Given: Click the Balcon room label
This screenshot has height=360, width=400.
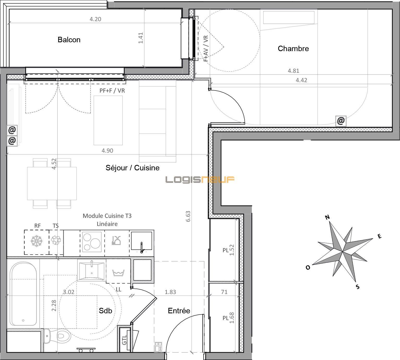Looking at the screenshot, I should (x=69, y=40).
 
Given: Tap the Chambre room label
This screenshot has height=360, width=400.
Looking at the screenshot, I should (x=293, y=49).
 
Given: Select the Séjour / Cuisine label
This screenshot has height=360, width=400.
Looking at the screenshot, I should (x=132, y=168).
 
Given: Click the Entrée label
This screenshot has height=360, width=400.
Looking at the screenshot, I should (x=179, y=311).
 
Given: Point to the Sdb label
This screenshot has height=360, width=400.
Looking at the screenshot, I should (x=105, y=311).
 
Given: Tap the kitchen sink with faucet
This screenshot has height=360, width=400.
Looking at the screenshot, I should (x=142, y=243).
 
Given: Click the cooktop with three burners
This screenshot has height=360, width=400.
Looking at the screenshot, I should (x=92, y=242).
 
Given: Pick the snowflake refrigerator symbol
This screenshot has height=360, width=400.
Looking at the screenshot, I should (x=36, y=241).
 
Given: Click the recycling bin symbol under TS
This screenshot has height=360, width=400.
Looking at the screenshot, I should (x=56, y=240).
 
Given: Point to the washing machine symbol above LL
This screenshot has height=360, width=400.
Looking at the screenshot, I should (x=118, y=273).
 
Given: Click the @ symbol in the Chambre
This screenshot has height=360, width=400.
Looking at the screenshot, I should (x=341, y=121).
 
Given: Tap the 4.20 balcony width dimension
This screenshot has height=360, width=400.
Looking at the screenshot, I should (x=95, y=19).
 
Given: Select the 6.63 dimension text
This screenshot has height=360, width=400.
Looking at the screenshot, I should (x=188, y=216).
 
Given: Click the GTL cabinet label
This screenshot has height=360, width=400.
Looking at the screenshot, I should (x=124, y=340).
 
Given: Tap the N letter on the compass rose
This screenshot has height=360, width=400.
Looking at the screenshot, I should (x=327, y=217).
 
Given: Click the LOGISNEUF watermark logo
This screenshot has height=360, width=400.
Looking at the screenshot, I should (x=200, y=179).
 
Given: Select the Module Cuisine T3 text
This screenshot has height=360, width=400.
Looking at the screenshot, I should (x=107, y=216).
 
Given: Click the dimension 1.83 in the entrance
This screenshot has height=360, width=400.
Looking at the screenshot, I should (x=170, y=292).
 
